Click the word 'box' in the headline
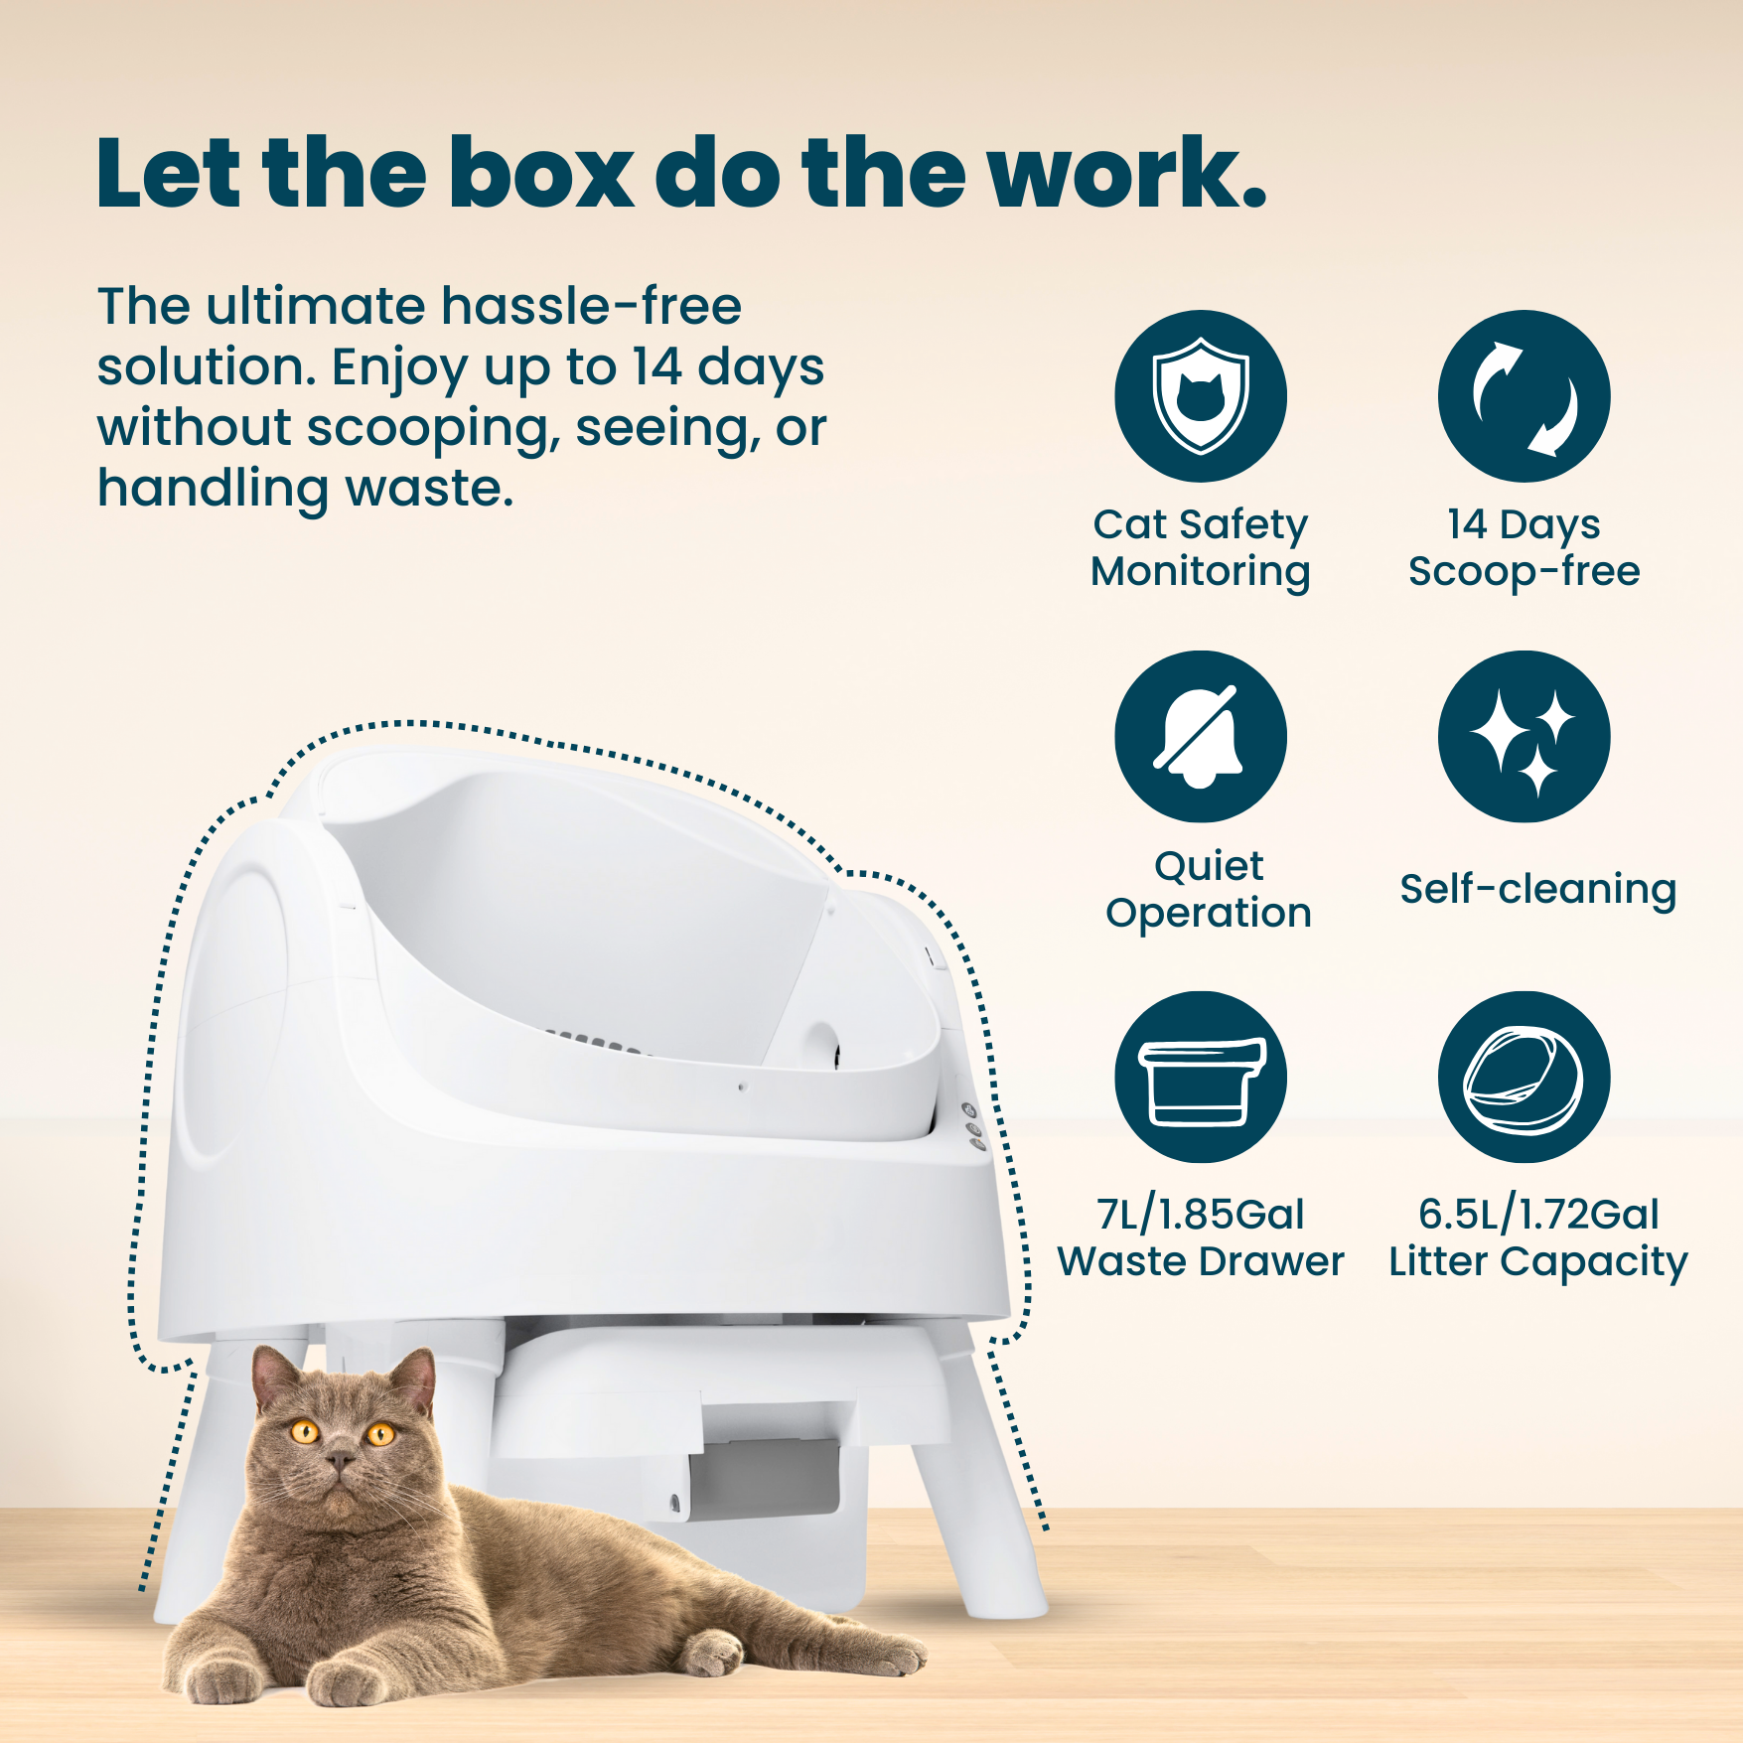point(541,174)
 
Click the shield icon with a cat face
point(1200,396)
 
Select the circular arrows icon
point(1524,396)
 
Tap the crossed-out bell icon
point(1200,737)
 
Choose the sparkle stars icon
point(1524,737)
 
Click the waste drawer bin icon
point(1200,1078)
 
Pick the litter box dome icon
point(1524,1078)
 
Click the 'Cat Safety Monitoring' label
point(1200,547)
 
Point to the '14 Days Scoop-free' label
point(1524,547)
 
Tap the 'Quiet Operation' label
point(1208,889)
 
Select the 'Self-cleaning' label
point(1537,889)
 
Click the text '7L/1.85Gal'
point(1200,1215)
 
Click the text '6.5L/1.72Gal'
point(1537,1215)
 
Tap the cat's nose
point(340,1460)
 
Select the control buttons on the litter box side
point(972,1126)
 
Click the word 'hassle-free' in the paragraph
point(591,306)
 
